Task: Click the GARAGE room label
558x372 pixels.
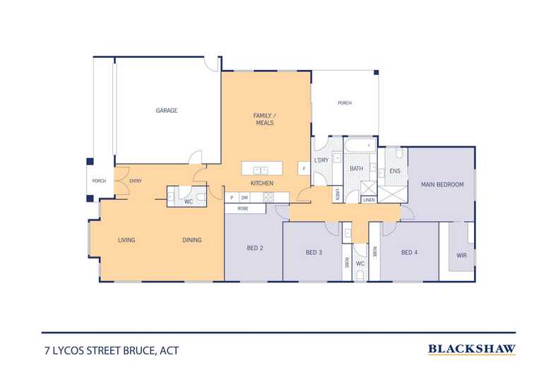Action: coord(167,110)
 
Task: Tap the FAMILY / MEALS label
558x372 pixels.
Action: coord(263,119)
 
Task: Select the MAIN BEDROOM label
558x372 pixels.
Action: coord(442,185)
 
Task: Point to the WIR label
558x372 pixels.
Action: coord(462,255)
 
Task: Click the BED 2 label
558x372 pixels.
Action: coord(255,248)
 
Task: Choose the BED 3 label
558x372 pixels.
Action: coord(314,252)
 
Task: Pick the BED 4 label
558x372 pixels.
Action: coord(410,252)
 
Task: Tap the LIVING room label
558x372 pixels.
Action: coord(126,240)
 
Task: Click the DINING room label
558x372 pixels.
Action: coord(192,240)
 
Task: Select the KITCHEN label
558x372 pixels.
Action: coord(262,184)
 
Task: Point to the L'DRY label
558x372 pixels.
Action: coord(321,160)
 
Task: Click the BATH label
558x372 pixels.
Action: coord(355,169)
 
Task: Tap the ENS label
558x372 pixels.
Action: coord(395,170)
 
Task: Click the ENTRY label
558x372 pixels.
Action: coord(136,181)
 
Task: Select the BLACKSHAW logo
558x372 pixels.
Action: coord(472,348)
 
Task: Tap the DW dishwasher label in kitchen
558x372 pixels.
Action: coord(244,198)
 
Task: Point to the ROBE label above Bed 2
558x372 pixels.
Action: coord(242,209)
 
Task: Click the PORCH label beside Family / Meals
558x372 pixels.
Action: coord(345,103)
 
